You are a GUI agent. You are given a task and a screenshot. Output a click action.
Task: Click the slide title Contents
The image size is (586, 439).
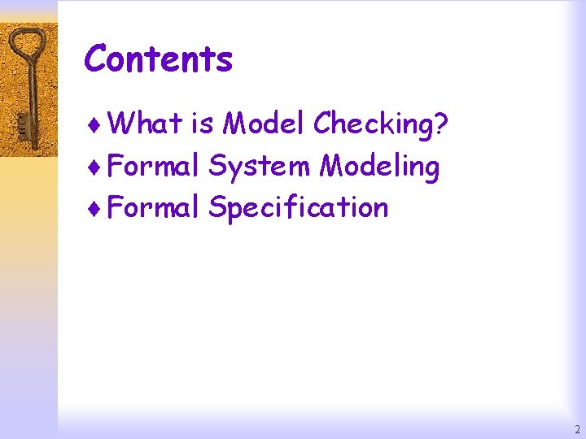coord(159,59)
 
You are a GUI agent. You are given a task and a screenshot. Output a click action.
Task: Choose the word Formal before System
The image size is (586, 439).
coord(153,166)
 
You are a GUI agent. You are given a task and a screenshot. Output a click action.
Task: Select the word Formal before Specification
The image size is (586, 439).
coord(153,207)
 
